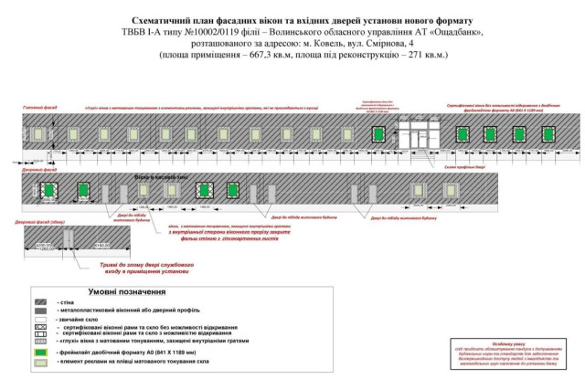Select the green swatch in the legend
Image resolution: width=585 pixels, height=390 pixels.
tap(41, 351)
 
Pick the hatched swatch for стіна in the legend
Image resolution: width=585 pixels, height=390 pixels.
tap(41, 301)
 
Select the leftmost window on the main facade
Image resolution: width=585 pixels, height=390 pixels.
tap(37, 134)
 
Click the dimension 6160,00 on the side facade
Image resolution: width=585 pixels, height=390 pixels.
tap(99, 245)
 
